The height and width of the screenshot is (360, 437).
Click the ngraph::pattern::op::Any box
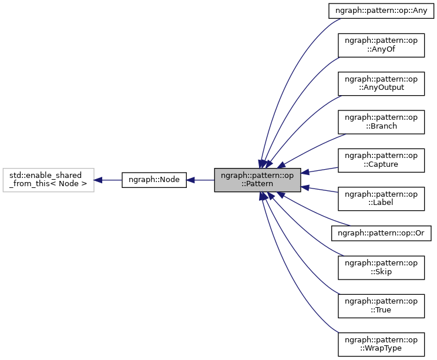coord(381,10)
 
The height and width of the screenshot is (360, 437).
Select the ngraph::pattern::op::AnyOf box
coord(381,45)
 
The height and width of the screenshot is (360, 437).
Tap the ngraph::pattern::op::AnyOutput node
coord(381,83)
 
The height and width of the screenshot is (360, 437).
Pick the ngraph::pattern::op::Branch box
coord(381,122)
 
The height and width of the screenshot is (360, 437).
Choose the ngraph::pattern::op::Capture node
coord(381,160)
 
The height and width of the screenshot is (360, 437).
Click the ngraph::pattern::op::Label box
coord(381,198)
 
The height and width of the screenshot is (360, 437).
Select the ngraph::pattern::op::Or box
coord(381,233)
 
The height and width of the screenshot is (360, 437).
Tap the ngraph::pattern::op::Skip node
coord(381,267)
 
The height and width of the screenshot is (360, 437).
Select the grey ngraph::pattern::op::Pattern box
coord(257,180)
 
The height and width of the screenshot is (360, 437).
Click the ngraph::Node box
coord(154,180)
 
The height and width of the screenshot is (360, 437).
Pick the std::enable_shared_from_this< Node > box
coord(48,180)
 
